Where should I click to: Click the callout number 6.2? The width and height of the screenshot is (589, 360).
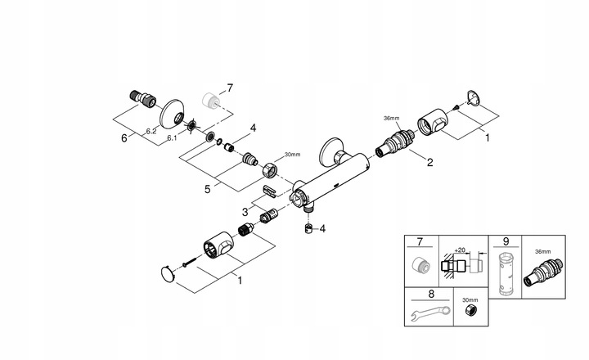click(x=151, y=130)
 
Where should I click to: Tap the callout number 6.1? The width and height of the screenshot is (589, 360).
click(x=173, y=139)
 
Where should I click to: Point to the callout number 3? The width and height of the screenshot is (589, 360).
click(x=245, y=211)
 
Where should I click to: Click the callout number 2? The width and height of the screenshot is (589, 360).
click(x=429, y=162)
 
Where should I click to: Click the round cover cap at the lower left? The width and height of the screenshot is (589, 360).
click(x=169, y=273)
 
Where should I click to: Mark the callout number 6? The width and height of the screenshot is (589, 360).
click(x=124, y=138)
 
